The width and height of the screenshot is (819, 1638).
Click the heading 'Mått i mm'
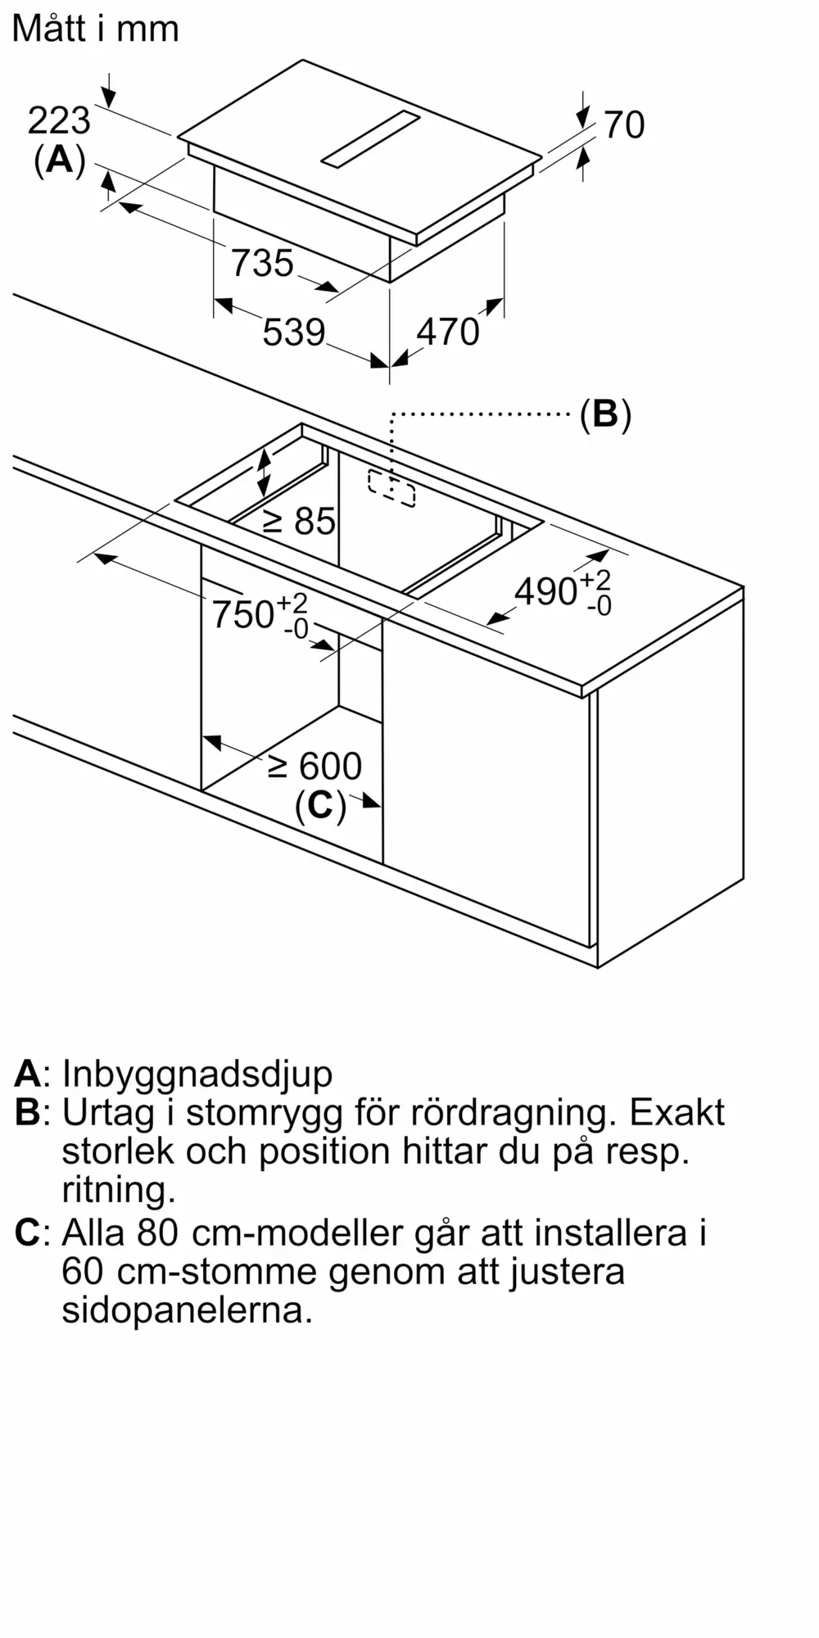95,29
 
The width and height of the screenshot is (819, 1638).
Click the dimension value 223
59,121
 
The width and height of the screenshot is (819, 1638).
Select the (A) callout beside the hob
60,160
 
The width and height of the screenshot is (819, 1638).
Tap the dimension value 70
624,124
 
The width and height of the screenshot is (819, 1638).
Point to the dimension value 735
262,264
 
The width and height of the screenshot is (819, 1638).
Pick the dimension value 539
294,333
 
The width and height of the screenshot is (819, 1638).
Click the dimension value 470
448,332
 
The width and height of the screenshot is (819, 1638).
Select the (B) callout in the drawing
605,414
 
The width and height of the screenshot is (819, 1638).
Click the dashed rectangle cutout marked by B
391,488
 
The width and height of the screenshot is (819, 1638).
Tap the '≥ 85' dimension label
299,521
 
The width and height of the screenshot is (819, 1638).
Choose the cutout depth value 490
546,591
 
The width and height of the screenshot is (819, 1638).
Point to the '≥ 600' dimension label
314,767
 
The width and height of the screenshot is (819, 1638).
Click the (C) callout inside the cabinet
320,806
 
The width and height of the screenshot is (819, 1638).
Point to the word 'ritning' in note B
119,1189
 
